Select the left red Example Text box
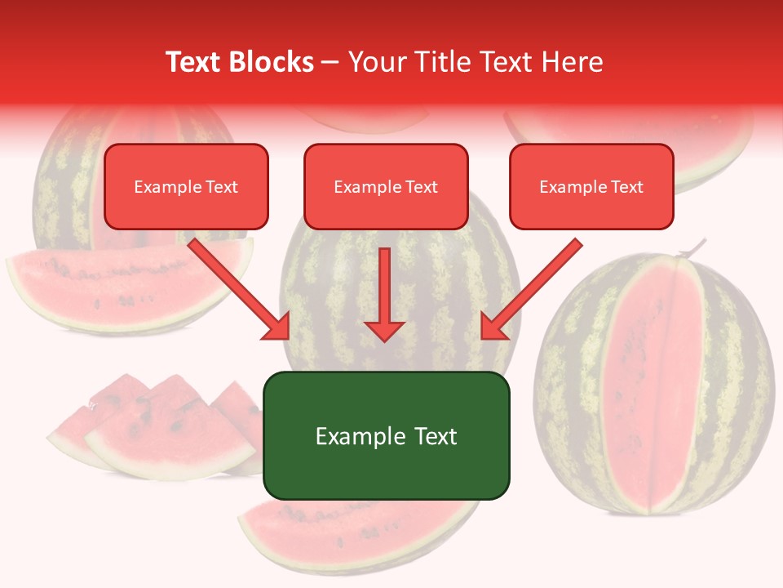click(x=186, y=186)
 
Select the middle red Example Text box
click(x=386, y=186)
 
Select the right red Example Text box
click(x=591, y=186)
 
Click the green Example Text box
click(x=386, y=435)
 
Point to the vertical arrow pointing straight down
click(x=384, y=294)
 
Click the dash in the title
click(x=330, y=62)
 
